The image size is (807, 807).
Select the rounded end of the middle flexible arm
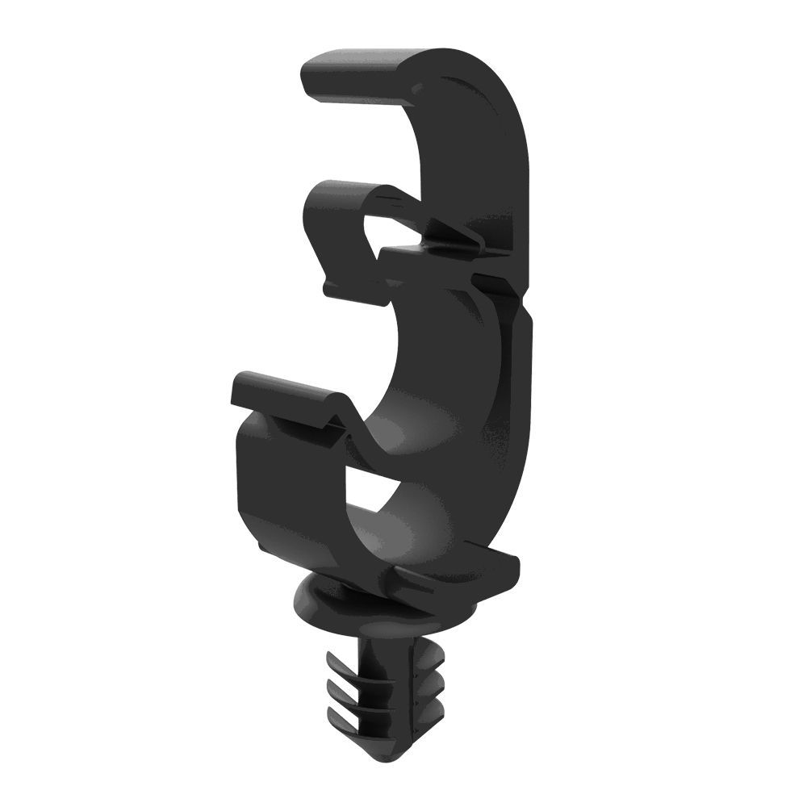[319, 194]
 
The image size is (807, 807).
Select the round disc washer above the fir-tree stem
[323, 605]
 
